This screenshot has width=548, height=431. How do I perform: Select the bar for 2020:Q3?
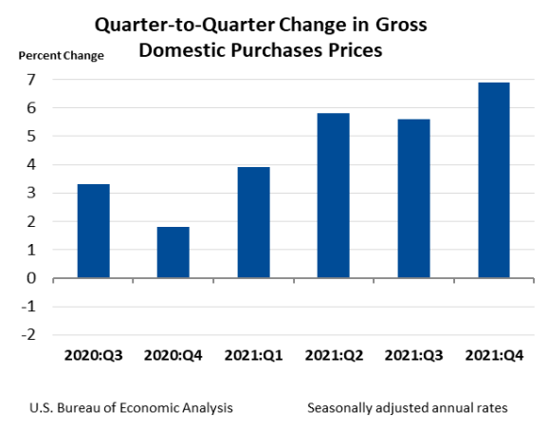point(93,231)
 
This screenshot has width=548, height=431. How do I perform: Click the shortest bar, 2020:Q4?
point(173,253)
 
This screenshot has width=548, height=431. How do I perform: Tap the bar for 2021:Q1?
point(253,223)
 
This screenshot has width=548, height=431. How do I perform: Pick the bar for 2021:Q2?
point(333,196)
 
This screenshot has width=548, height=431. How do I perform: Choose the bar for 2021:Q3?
point(413,198)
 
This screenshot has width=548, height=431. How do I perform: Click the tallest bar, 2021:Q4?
point(493,180)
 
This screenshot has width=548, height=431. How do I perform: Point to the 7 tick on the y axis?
point(31,80)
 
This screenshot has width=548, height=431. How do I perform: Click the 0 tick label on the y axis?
point(31,278)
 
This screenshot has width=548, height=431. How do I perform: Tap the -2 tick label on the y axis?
point(28,335)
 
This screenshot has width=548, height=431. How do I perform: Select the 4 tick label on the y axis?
point(31,165)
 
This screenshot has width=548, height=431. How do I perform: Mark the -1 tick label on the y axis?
point(28,307)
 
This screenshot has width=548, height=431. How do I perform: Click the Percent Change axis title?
point(62,55)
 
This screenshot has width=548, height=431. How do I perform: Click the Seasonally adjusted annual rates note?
point(408,407)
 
